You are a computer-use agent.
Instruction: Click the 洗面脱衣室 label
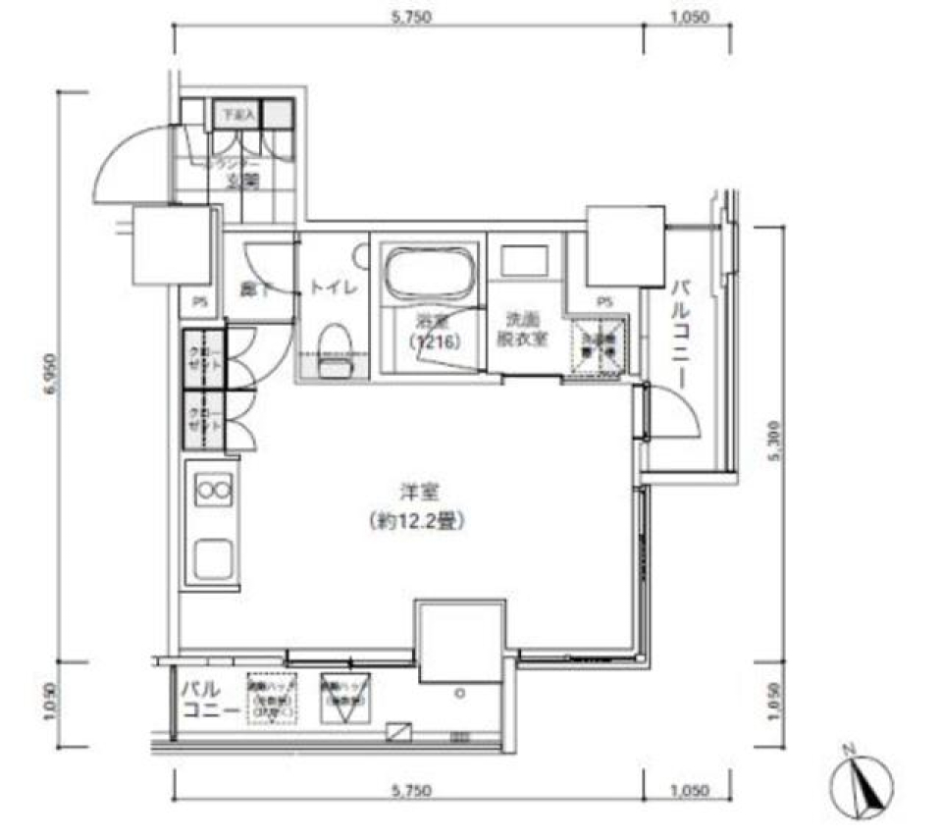[526, 329]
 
